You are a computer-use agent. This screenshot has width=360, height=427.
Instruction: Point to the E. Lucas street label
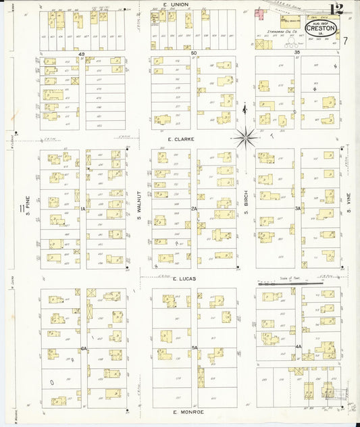pos(183,278)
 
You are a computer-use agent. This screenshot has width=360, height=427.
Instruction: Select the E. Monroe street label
pos(184,411)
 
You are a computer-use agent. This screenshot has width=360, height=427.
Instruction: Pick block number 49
pos(82,52)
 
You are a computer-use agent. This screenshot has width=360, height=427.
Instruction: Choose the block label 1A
pos(83,209)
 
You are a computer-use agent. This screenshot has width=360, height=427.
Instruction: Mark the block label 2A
pos(194,209)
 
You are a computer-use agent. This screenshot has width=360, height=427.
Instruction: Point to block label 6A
pos(84,348)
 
